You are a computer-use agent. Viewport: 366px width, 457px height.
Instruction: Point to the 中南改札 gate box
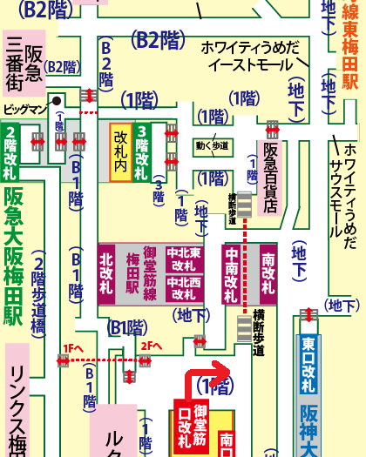[231, 273]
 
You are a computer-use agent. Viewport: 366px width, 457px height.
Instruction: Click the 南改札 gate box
[268, 273]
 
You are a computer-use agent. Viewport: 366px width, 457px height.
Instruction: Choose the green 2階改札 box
[10, 151]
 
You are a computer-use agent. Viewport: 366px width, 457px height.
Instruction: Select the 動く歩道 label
[213, 145]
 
